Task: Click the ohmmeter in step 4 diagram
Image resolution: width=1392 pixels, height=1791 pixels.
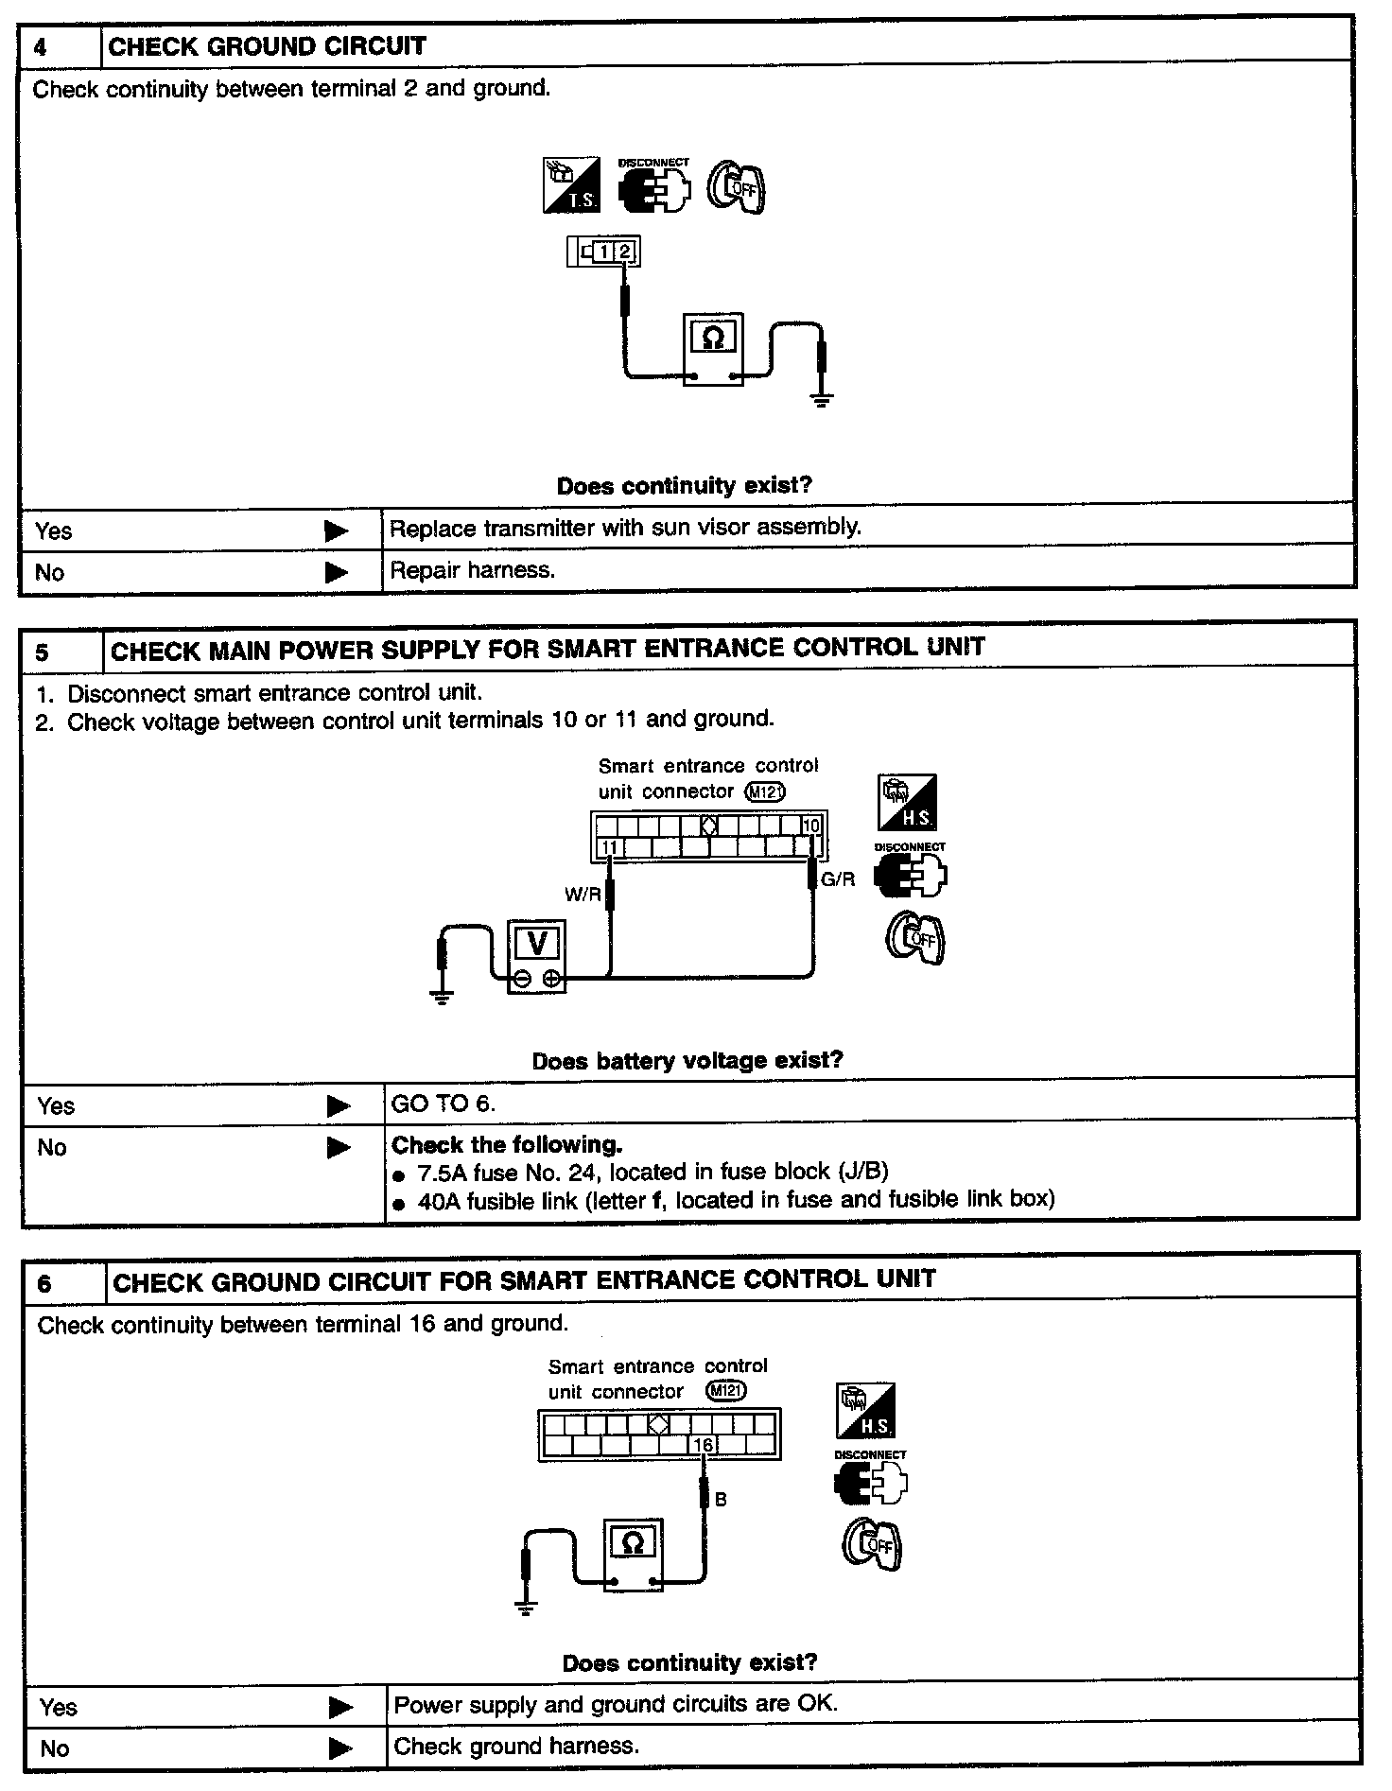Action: click(714, 351)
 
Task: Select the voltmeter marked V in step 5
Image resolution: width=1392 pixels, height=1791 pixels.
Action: click(537, 956)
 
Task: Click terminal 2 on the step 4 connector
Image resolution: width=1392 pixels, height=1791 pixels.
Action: click(624, 252)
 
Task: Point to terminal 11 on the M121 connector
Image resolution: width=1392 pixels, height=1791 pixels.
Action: click(609, 847)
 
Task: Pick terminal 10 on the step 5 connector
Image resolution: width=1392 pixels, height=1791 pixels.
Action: click(810, 826)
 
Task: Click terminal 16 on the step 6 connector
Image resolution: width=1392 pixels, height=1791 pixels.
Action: click(703, 1445)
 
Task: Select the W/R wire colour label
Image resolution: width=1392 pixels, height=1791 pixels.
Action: click(583, 894)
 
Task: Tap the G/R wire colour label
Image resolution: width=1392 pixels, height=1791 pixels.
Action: click(838, 879)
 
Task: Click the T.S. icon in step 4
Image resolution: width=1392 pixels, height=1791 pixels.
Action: click(571, 185)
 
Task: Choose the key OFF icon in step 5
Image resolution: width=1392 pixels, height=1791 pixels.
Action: click(914, 939)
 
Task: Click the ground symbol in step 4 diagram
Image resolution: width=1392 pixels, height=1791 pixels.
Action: click(821, 400)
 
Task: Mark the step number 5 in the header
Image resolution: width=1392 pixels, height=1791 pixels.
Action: click(43, 652)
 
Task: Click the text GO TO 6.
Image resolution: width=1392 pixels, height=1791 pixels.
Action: click(444, 1104)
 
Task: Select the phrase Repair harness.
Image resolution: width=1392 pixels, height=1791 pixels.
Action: click(472, 570)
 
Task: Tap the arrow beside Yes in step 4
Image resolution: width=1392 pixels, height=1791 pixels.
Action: click(336, 531)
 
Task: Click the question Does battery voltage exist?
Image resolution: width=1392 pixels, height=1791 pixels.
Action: click(687, 1060)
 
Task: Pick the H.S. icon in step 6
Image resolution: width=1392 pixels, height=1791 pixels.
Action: click(865, 1410)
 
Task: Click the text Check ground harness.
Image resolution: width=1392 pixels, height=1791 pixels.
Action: click(516, 1746)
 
